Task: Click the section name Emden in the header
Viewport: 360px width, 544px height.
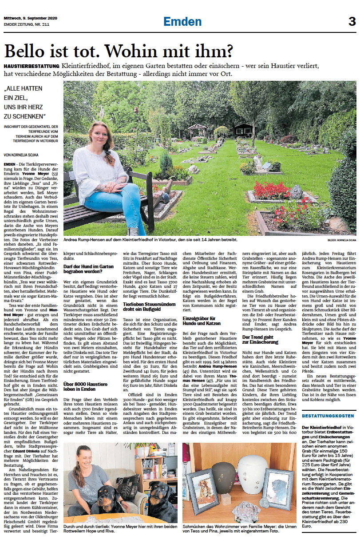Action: pyautogui.click(x=182, y=21)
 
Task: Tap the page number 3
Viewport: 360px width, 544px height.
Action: pyautogui.click(x=352, y=21)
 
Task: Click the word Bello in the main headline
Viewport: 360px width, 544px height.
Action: pyautogui.click(x=26, y=52)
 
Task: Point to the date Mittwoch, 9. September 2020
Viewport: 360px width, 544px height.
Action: pyautogui.click(x=30, y=19)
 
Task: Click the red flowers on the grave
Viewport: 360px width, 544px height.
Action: pyautogui.click(x=272, y=190)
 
